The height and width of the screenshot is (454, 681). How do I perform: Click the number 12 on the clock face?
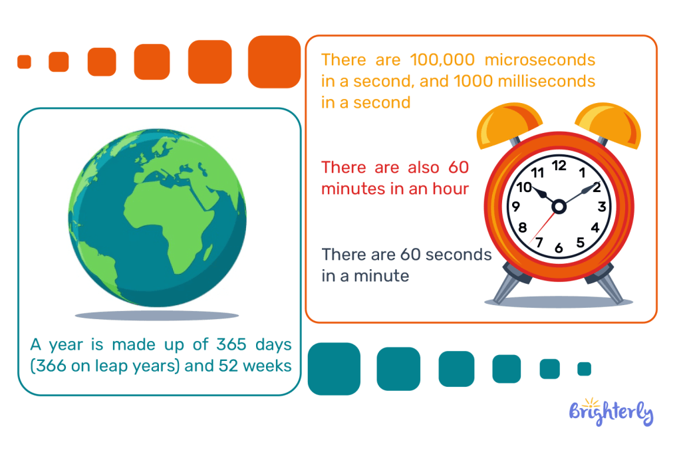[559, 166]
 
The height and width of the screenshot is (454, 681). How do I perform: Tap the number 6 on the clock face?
[559, 248]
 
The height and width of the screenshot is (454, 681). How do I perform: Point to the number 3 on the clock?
[601, 206]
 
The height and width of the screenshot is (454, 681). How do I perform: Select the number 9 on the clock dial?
[516, 206]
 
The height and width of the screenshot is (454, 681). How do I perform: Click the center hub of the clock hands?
[559, 207]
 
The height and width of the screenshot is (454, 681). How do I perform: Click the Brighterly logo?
[611, 411]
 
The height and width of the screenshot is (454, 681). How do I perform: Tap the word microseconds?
[540, 60]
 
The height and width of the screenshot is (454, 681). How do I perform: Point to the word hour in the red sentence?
[450, 189]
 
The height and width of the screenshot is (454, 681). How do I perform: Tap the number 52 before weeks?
[227, 366]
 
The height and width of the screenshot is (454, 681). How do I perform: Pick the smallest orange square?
[25, 62]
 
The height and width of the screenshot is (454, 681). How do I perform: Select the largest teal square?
[334, 369]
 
